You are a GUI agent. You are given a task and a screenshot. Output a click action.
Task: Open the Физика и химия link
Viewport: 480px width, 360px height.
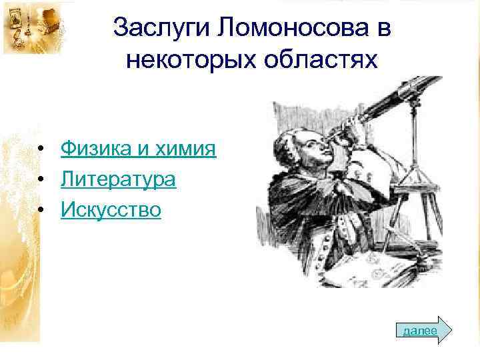(x=138, y=148)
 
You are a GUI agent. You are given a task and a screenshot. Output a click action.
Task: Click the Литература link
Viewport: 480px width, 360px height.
(x=118, y=179)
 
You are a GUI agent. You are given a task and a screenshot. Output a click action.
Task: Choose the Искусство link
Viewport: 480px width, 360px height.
(x=111, y=211)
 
